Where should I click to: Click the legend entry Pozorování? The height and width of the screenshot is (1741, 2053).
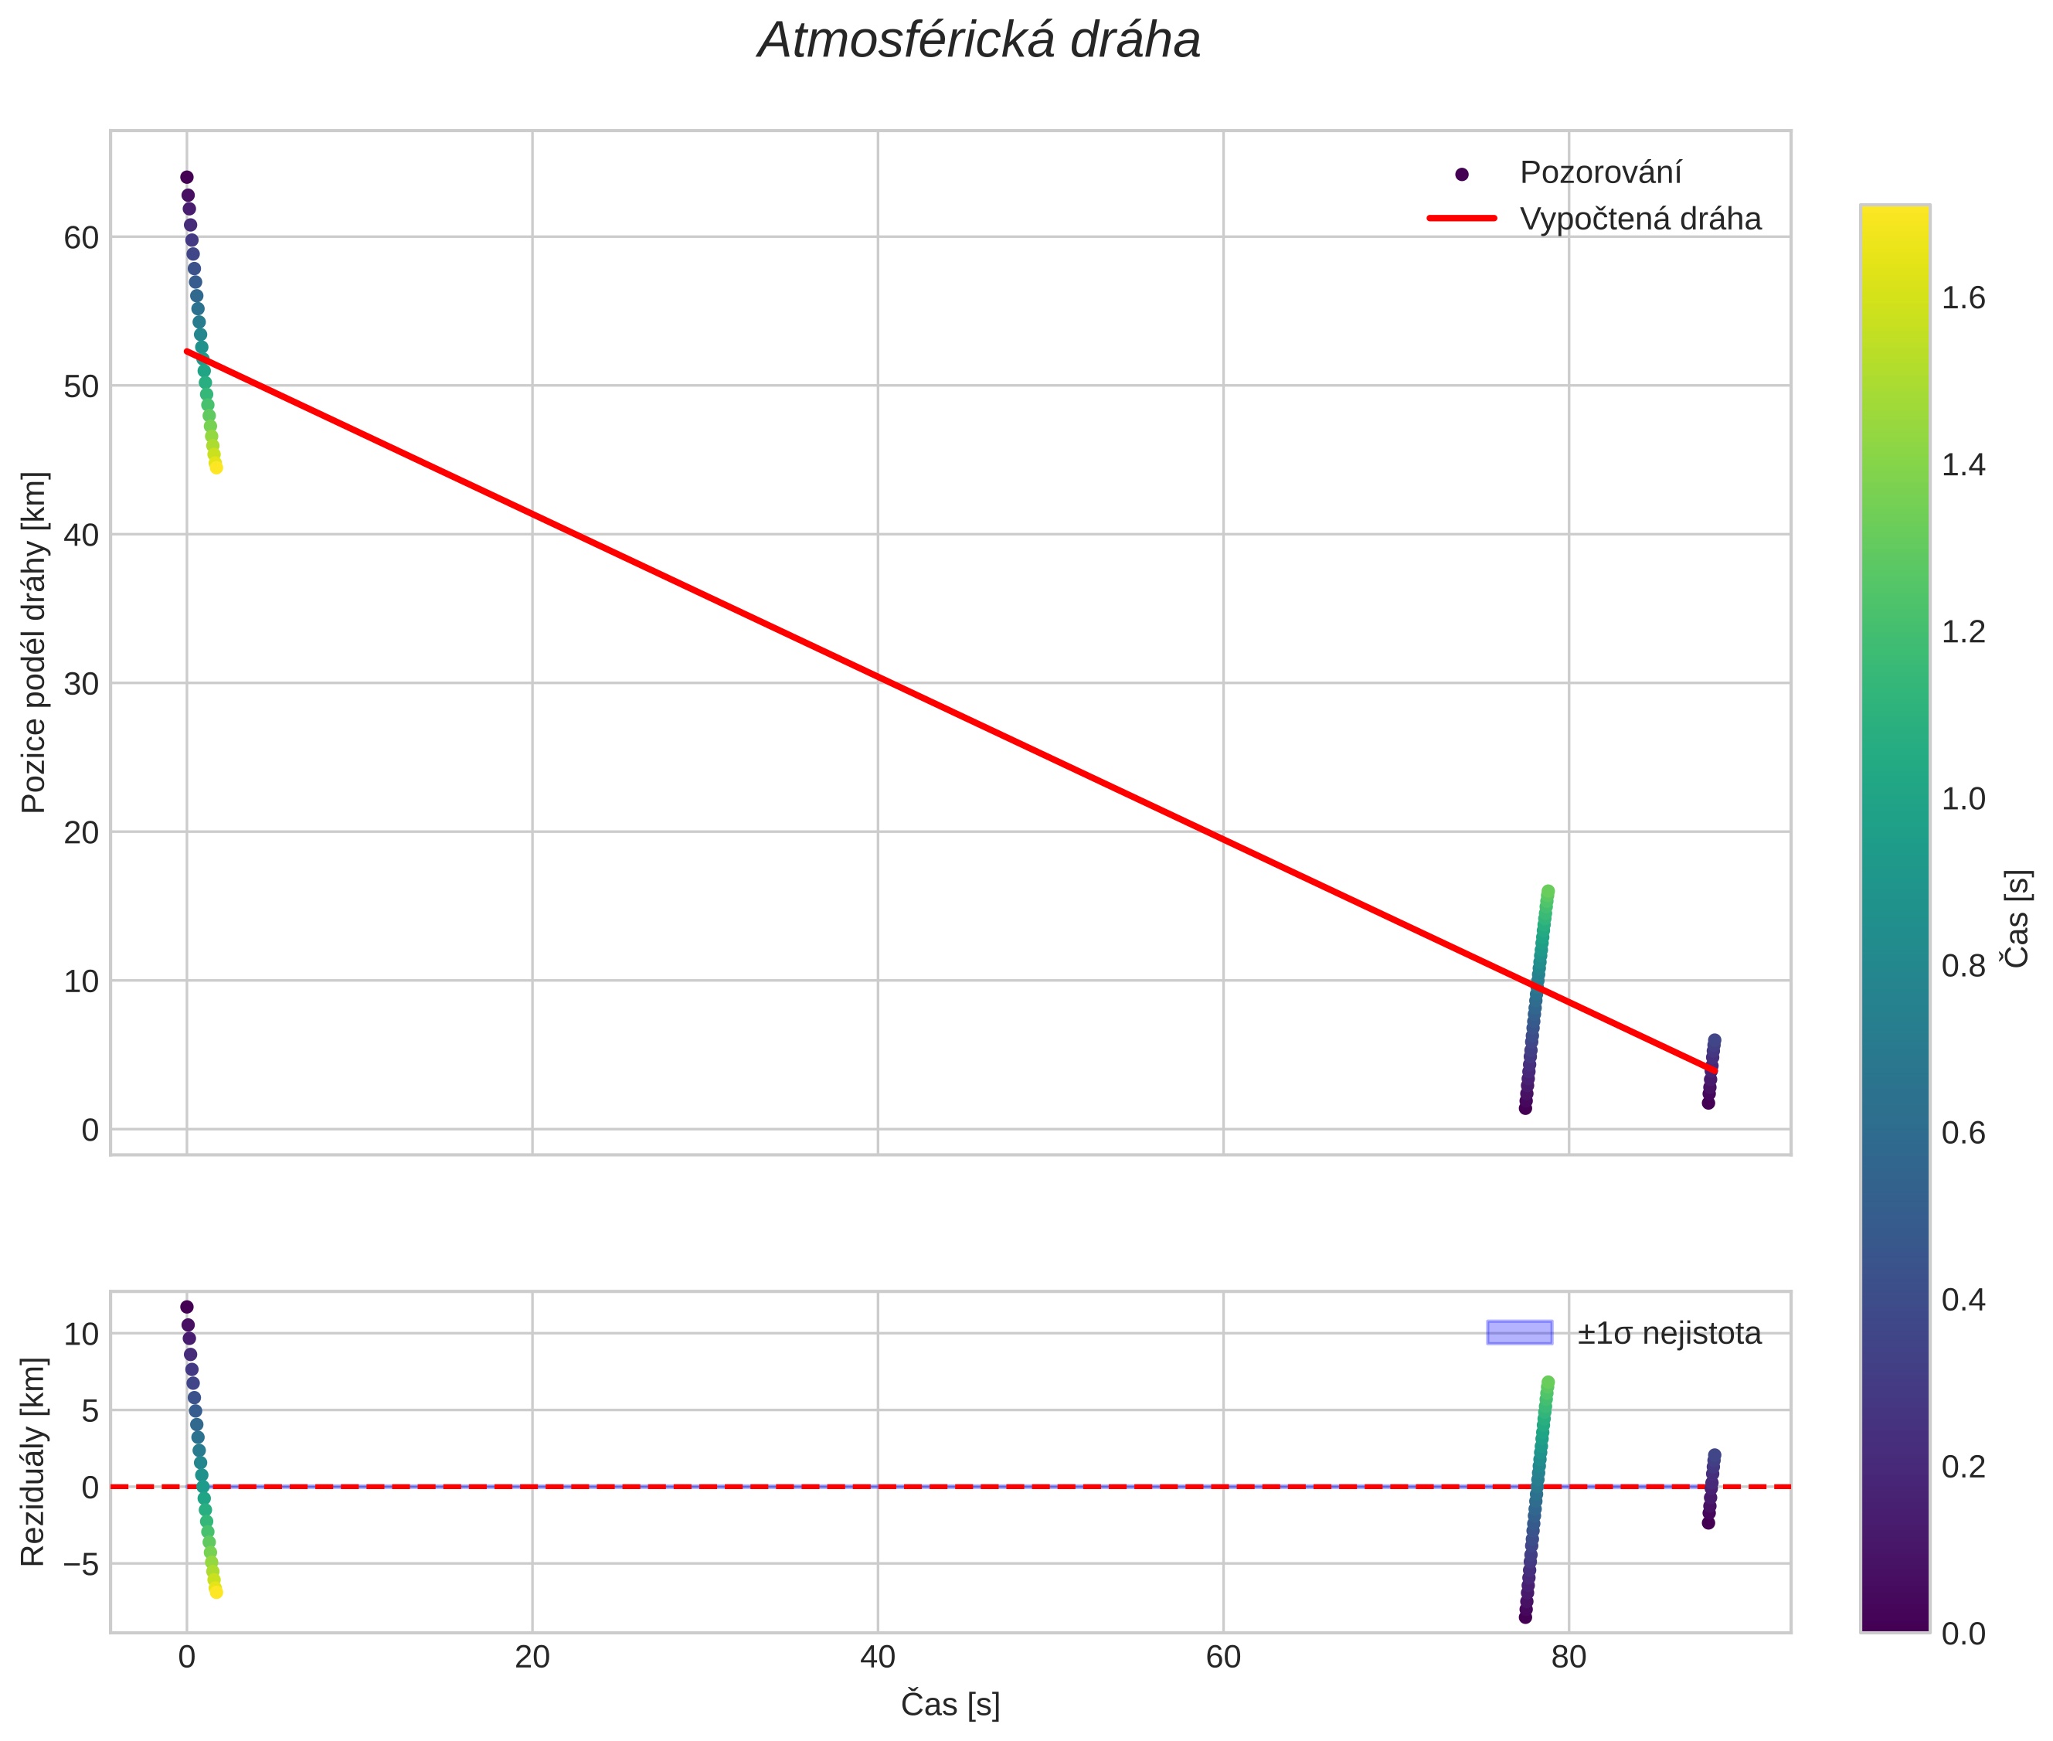click(1599, 173)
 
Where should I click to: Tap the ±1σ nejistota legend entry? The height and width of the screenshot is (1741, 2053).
click(1668, 1334)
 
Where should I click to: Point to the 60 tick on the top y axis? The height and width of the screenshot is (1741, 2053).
click(81, 238)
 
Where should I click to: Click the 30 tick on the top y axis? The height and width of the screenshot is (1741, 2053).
click(81, 684)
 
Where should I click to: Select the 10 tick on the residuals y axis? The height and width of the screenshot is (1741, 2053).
click(81, 1335)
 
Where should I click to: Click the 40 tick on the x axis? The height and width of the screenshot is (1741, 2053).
click(878, 1657)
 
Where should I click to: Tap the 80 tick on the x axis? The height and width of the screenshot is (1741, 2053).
click(1569, 1657)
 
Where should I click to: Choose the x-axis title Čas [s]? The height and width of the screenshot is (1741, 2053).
click(950, 1705)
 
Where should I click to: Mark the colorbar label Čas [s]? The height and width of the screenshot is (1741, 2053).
click(2017, 918)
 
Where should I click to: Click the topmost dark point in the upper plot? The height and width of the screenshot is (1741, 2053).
click(186, 178)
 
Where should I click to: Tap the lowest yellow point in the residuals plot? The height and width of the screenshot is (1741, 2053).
click(216, 1591)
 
